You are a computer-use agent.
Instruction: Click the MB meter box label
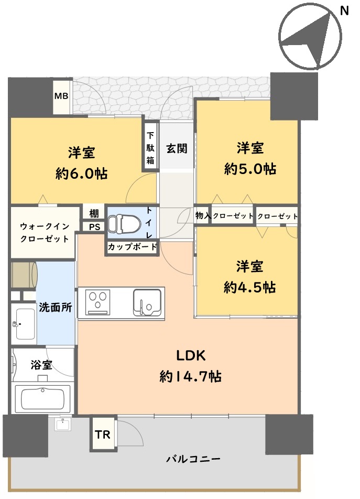click(x=61, y=95)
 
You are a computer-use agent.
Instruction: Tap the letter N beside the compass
click(x=344, y=11)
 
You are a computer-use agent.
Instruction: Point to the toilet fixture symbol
click(x=124, y=224)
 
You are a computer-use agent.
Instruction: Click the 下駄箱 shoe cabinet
click(x=150, y=148)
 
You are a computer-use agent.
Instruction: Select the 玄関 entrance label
click(x=177, y=149)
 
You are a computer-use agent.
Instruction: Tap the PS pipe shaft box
click(x=94, y=227)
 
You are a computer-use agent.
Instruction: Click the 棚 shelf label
click(x=94, y=213)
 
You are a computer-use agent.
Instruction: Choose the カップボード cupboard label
click(x=132, y=247)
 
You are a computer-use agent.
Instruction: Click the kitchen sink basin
click(x=147, y=302)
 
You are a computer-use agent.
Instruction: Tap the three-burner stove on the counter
click(x=97, y=302)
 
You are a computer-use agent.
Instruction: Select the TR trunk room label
click(x=102, y=435)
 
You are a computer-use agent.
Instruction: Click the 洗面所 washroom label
click(x=56, y=307)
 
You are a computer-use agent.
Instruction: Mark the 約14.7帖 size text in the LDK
click(x=191, y=377)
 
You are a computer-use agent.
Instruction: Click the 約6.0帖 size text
click(x=81, y=174)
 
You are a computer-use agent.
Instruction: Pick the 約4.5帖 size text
click(x=249, y=287)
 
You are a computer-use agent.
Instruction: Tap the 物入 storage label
click(x=203, y=216)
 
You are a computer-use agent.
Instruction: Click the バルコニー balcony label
click(x=193, y=459)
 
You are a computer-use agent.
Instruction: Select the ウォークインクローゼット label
click(x=45, y=233)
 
